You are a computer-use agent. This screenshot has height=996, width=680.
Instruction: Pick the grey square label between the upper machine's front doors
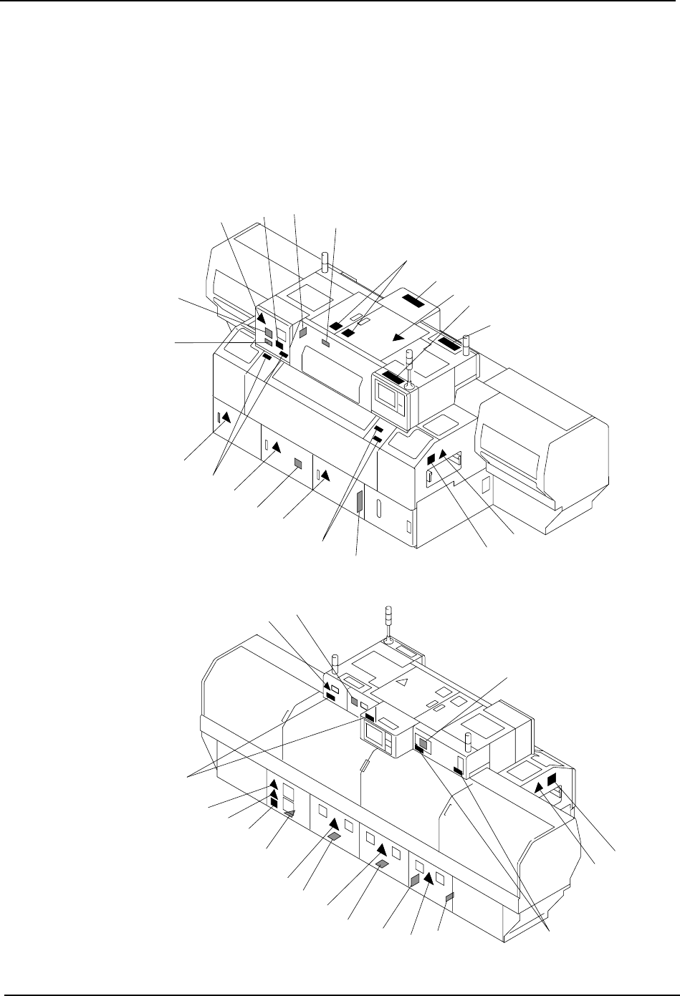[x=298, y=463]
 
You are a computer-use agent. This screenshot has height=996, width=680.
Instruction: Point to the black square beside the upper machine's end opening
[x=431, y=459]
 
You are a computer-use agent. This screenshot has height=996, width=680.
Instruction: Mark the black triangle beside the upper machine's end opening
[x=444, y=453]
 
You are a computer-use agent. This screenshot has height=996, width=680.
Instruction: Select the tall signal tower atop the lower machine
[x=387, y=624]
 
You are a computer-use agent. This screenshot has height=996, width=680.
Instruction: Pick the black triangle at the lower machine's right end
[x=539, y=787]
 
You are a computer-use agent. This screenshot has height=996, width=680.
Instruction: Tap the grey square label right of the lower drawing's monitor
[x=424, y=744]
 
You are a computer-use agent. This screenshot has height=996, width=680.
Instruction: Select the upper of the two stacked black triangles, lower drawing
[x=273, y=785]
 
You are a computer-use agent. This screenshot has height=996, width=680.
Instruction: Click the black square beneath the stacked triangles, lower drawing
[x=273, y=803]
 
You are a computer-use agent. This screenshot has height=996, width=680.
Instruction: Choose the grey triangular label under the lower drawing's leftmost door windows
[x=289, y=814]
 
